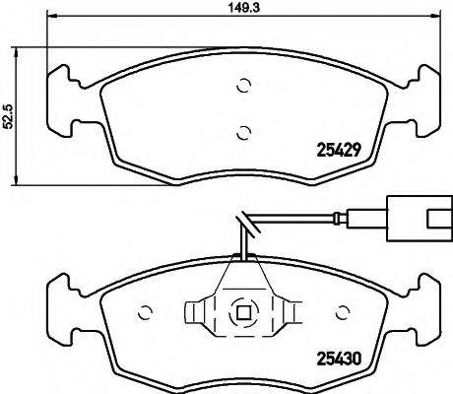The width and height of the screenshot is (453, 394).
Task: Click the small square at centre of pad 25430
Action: click(x=242, y=312)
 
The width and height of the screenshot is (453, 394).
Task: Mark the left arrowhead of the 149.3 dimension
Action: click(x=51, y=18)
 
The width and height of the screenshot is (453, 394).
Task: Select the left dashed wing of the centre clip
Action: click(x=202, y=312)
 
